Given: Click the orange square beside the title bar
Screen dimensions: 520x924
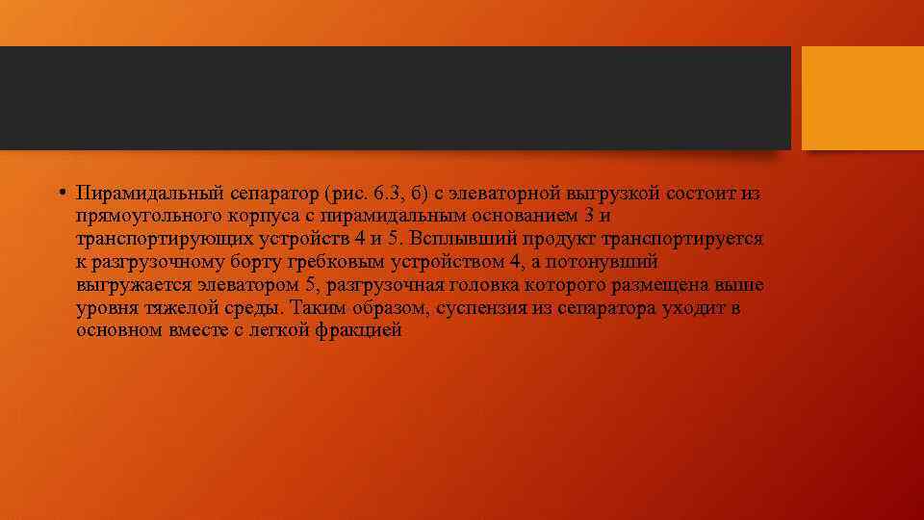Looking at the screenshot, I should [x=862, y=98].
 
